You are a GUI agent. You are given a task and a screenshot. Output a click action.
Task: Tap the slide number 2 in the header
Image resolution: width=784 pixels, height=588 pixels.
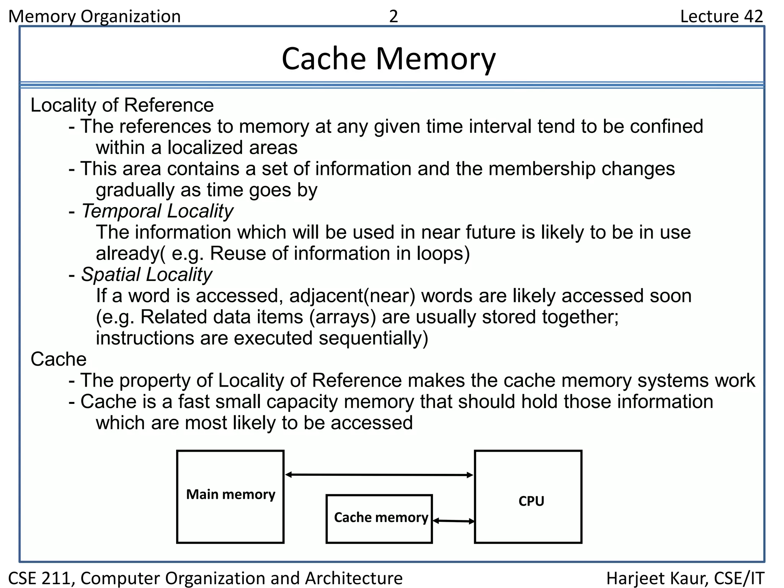coord(394,16)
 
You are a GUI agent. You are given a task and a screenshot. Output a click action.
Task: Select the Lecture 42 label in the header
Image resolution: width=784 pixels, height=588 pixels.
coord(721,16)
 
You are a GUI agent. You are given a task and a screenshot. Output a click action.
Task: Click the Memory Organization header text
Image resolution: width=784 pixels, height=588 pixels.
coord(95,16)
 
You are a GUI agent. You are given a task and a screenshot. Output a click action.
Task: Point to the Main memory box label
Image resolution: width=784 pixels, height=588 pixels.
coord(230,494)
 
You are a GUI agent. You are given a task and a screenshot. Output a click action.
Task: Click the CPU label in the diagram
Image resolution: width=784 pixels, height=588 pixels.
coord(531,501)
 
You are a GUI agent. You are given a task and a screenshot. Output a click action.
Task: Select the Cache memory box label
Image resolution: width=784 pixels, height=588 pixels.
coord(381,518)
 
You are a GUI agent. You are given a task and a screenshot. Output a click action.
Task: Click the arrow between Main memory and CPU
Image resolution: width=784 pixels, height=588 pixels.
coord(379,475)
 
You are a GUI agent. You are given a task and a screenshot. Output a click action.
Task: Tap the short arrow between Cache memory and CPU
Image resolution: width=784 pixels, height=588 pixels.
coord(454,521)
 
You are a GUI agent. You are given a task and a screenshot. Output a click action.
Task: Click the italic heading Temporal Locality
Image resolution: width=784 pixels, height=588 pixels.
coord(157,211)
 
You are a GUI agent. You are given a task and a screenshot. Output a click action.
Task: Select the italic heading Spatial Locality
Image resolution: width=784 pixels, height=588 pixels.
coord(147,274)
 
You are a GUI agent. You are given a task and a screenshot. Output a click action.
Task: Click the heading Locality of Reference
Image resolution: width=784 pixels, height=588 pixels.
coord(122,105)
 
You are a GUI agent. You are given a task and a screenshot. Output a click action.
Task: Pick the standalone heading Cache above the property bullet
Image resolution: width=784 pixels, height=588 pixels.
coord(59,359)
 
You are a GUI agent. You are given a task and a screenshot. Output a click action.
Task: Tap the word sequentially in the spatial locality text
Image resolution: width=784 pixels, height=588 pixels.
coord(373,338)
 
